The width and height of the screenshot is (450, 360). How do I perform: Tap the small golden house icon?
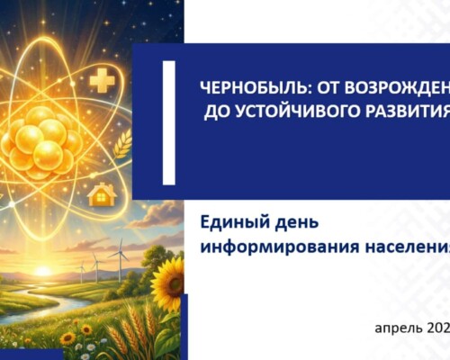(103, 193)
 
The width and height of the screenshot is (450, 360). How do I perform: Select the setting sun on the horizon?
(41, 270)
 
